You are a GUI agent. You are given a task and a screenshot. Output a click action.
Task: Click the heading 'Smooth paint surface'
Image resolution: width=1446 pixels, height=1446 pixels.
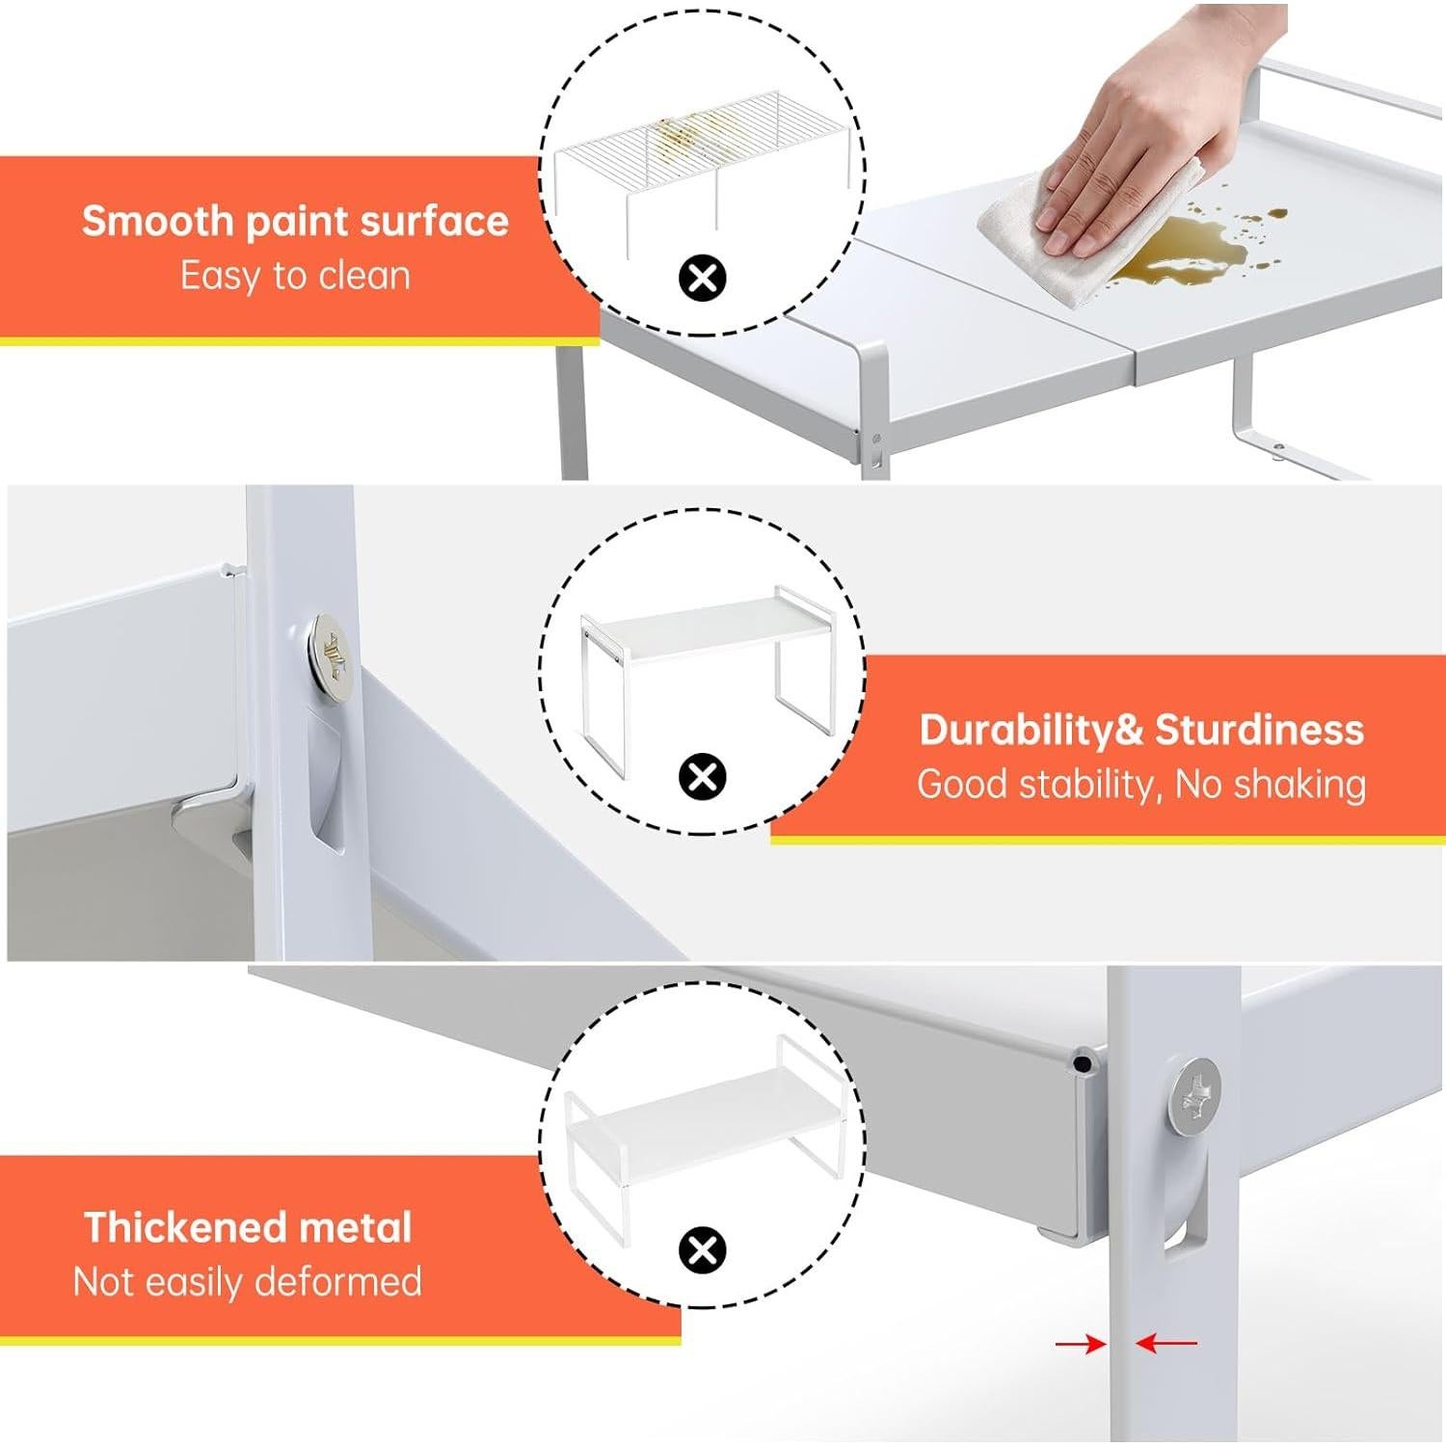(294, 221)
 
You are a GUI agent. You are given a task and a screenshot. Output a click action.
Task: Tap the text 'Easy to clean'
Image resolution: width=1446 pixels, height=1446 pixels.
(295, 276)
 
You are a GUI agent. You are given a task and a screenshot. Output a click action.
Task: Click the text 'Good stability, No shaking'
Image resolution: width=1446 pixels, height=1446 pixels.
(1140, 785)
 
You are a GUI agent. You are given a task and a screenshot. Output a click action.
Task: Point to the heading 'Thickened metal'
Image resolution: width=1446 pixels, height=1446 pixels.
(248, 1227)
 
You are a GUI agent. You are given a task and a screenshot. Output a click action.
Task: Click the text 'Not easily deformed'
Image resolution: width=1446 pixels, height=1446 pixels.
(248, 1282)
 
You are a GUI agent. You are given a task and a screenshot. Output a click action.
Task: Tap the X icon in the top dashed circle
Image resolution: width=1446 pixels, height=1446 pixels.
(703, 279)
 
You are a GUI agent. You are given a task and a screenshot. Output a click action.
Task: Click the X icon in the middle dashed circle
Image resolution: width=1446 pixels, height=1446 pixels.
(703, 776)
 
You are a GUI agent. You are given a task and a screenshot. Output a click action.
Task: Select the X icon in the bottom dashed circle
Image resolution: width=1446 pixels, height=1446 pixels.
(703, 1250)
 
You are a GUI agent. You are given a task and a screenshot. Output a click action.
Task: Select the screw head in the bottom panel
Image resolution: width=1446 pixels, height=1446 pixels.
(1195, 1096)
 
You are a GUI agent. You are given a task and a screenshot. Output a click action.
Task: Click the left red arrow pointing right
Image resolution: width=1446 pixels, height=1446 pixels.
(1080, 1343)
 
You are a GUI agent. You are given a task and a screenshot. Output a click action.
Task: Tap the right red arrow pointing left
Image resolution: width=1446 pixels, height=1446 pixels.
(1166, 1343)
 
